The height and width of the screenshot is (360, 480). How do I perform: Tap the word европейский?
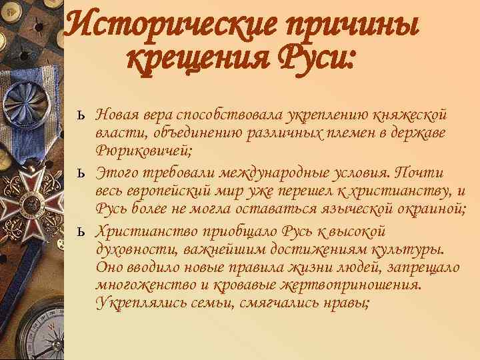[167, 192]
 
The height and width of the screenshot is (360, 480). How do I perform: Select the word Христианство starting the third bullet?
[139, 232]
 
